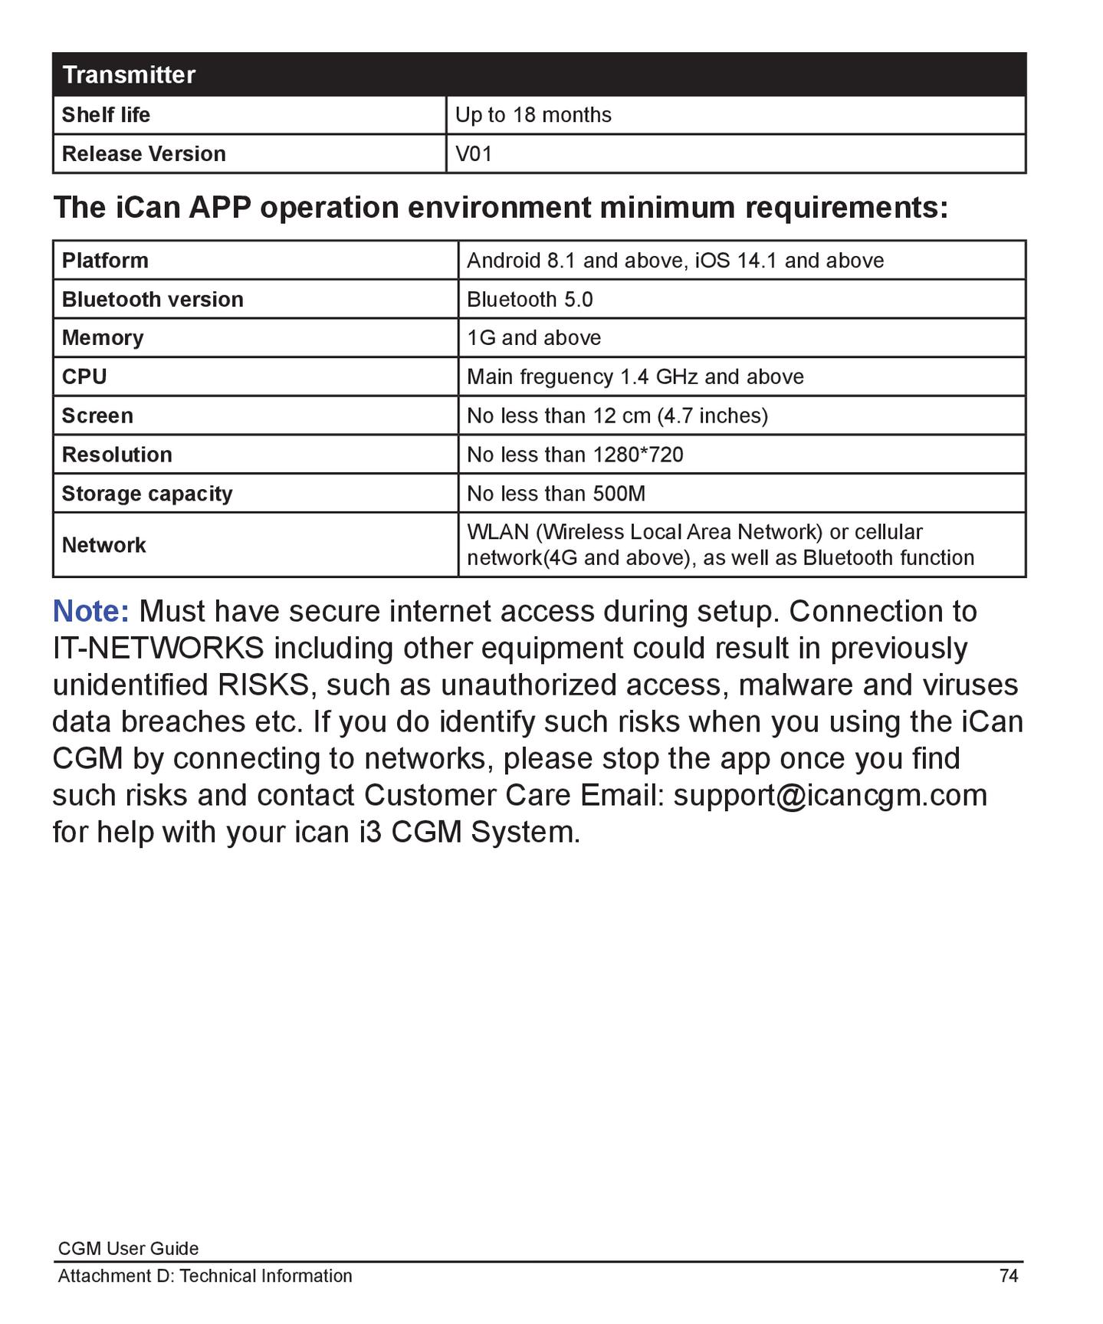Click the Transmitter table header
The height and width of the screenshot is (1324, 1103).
tap(129, 75)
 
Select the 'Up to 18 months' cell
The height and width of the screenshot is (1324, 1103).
tap(533, 115)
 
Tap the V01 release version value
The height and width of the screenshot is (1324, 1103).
tap(473, 154)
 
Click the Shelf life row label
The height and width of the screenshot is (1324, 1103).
tap(106, 115)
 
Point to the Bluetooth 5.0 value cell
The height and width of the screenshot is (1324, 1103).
tap(530, 300)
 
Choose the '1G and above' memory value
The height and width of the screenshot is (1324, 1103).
tap(533, 338)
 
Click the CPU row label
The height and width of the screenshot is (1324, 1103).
tap(84, 377)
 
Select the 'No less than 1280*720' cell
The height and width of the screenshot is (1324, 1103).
tap(575, 455)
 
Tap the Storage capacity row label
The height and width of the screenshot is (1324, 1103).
tap(146, 494)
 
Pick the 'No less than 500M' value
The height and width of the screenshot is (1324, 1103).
tap(556, 494)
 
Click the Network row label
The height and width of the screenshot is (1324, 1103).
tap(103, 545)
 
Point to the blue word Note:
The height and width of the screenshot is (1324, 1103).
tap(90, 612)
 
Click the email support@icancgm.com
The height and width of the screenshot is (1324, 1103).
tap(829, 795)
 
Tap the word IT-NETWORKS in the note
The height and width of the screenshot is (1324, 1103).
tap(158, 649)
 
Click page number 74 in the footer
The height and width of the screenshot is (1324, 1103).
tap(1008, 1276)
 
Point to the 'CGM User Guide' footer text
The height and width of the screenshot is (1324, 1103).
tap(128, 1249)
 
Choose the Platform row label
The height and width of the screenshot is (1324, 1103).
tap(105, 261)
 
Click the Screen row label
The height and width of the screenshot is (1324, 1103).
tap(97, 416)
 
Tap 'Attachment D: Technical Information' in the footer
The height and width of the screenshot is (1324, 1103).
tap(205, 1276)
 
